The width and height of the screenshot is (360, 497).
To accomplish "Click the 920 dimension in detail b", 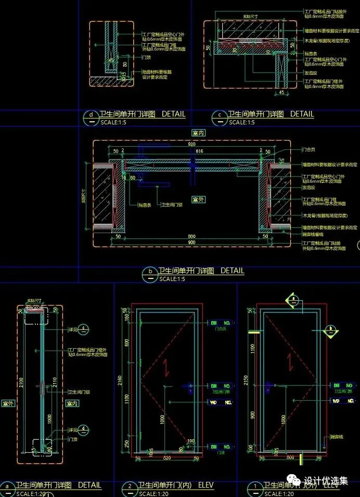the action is coord(191,143).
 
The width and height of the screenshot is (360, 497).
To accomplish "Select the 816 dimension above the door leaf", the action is coord(199,150).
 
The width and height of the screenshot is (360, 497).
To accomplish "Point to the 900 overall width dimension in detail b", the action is coord(191,243).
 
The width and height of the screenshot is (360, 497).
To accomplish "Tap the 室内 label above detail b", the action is coord(198,133).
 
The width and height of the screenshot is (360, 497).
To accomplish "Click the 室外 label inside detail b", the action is coord(198,199).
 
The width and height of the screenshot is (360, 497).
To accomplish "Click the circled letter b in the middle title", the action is coord(151,271).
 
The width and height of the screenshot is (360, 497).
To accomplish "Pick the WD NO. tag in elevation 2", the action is coord(220,402).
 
